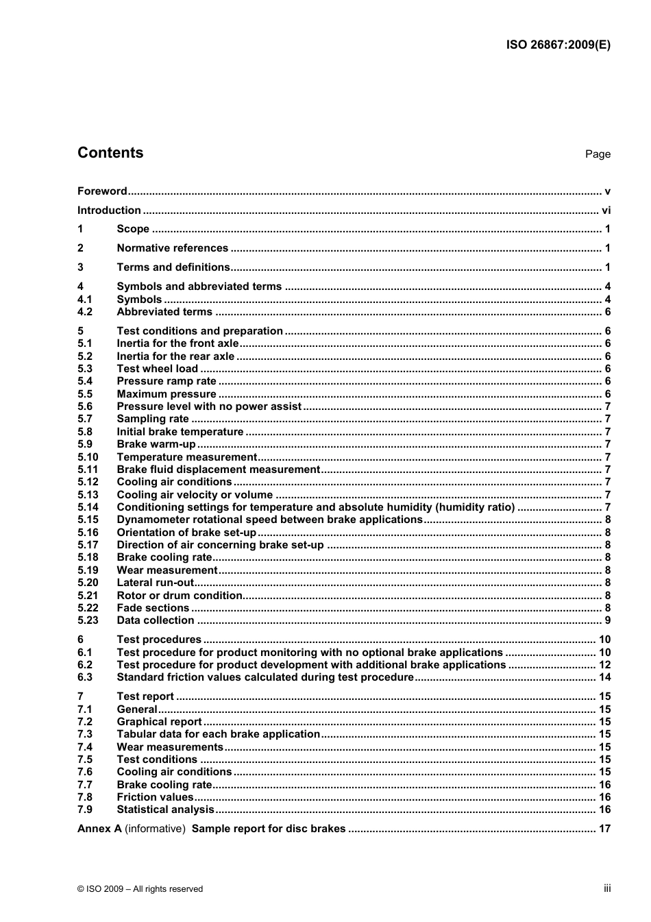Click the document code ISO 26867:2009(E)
coord(558,45)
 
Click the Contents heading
coord(110,153)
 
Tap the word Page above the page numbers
coord(598,154)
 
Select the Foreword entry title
coord(102,191)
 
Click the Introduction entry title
coord(109,210)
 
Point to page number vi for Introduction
coord(606,210)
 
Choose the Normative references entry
coord(172,248)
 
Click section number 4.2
coord(85,312)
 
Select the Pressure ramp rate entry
coord(167,381)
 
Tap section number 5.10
coord(88,457)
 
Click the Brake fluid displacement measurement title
coord(218,470)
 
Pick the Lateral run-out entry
coord(156,583)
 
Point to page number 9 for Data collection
coord(607,620)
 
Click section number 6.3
coord(85,677)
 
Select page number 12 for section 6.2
coord(604,665)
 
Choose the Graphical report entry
coord(159,722)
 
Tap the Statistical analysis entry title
coord(165,810)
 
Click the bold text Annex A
coord(99,829)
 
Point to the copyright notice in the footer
coord(140,889)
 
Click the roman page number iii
coord(607,888)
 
